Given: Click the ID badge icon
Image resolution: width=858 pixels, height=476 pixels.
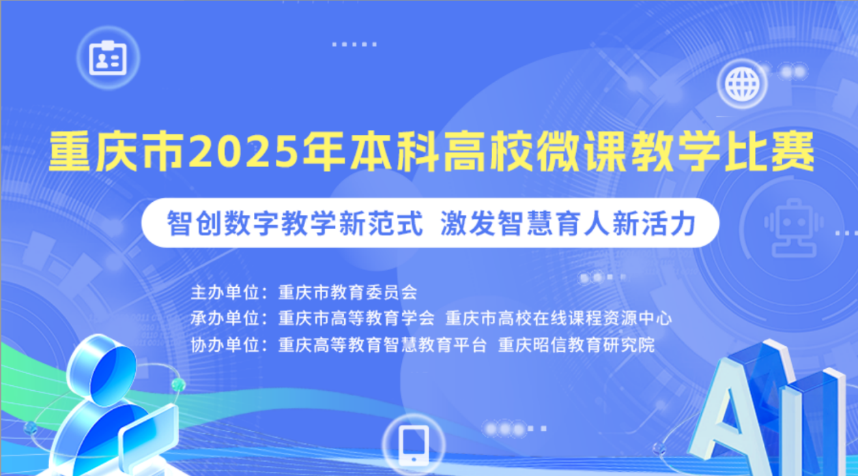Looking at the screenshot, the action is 108,58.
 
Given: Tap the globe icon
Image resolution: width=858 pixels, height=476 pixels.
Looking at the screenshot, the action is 743,83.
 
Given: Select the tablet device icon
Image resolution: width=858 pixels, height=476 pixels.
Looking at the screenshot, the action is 414,445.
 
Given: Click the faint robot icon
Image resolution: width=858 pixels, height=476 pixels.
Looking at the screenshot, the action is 794,228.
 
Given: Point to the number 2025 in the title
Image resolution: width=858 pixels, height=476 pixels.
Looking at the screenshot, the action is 244,151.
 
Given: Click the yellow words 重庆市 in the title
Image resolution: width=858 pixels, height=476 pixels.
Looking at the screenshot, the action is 117,151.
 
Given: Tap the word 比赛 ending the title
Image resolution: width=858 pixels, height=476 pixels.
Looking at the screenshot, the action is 770,151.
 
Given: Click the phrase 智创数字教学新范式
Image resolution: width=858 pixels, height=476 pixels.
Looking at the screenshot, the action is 295,223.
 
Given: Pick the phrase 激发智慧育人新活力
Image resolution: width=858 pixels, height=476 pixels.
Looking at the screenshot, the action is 568,223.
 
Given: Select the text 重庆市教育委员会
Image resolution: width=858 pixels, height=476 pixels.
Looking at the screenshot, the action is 347,293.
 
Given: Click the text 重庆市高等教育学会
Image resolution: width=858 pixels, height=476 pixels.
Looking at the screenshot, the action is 356,318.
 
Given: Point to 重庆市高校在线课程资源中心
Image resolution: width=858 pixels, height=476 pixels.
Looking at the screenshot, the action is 558,318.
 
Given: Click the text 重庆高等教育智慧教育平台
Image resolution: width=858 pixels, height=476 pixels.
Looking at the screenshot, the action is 382,345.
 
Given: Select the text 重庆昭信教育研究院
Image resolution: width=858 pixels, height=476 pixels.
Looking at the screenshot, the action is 577,345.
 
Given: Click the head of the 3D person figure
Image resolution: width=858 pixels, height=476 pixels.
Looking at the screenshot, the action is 101,369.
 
